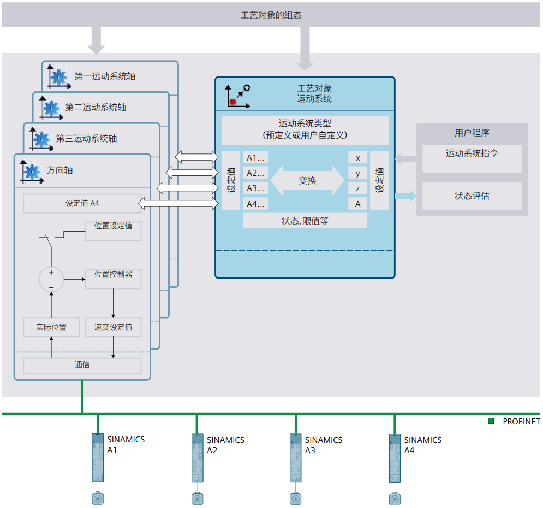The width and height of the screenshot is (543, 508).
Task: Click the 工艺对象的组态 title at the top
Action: tap(271, 15)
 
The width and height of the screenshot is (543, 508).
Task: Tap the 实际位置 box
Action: tap(51, 327)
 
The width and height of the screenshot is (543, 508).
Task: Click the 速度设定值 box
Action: tap(113, 327)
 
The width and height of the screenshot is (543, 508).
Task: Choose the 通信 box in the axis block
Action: tap(82, 365)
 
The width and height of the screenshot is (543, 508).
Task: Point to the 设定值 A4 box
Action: tap(82, 204)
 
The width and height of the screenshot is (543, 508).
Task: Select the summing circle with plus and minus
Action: tap(51, 279)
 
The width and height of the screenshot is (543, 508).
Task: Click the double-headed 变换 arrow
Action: tap(308, 181)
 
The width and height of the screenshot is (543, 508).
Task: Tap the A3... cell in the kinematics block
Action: tap(255, 188)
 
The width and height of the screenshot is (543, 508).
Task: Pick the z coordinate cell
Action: tap(357, 188)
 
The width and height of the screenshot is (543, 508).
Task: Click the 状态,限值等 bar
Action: tap(305, 221)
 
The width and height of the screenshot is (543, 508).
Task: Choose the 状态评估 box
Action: tap(472, 196)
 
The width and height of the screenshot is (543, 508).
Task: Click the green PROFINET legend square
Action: tap(491, 421)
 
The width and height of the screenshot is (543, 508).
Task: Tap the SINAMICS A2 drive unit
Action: tap(197, 458)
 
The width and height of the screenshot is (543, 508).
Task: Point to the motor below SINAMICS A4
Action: tap(395, 498)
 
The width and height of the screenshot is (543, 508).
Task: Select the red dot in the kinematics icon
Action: tap(232, 102)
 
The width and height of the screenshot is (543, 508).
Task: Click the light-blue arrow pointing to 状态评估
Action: tap(405, 196)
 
